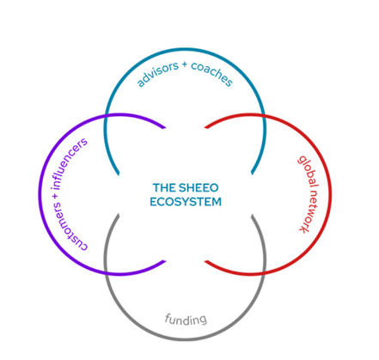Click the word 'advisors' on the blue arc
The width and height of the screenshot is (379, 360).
tap(157, 75)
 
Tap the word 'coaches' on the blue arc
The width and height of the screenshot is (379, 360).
tap(212, 74)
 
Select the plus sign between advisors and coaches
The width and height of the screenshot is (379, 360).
tap(185, 64)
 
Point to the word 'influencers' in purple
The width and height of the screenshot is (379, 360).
tap(69, 163)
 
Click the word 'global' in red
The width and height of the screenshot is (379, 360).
tap(309, 171)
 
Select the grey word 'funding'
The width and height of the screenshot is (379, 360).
tap(186, 319)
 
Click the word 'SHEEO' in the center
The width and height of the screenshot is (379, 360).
tap(199, 188)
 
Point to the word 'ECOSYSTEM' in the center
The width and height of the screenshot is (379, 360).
tap(186, 202)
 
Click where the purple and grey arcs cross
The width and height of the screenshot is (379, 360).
tap(106, 273)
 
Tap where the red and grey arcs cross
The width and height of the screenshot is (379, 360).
tap(264, 273)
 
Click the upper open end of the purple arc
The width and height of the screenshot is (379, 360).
tap(165, 127)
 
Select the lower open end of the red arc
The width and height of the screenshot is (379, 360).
tap(205, 261)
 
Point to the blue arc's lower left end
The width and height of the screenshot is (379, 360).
tap(118, 174)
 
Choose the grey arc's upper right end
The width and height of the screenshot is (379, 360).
tap(253, 216)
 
